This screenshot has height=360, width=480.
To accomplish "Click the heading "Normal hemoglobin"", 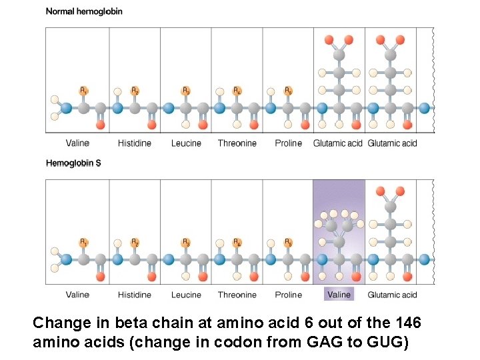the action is [x=84, y=11].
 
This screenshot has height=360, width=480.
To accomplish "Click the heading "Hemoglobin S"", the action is [x=73, y=163].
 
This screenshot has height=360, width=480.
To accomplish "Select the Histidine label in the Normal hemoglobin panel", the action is [x=135, y=143].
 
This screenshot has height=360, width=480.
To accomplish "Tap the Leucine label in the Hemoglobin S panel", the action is [x=186, y=295].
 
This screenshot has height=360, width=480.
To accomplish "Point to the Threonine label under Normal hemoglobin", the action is [x=237, y=143].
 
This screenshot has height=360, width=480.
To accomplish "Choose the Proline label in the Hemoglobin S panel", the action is [x=288, y=295].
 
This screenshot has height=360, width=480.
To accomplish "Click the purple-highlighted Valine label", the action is [x=339, y=295].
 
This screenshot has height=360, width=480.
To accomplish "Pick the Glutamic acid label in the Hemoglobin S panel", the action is [x=392, y=295].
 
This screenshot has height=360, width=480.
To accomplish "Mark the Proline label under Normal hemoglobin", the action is [x=288, y=143].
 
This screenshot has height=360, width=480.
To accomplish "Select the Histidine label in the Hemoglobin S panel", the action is [x=135, y=295].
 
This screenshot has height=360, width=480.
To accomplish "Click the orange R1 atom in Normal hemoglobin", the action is [x=83, y=90].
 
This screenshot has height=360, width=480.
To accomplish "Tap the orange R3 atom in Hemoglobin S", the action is [x=186, y=242].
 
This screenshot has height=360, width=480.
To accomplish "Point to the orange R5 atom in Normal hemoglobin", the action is [x=288, y=90].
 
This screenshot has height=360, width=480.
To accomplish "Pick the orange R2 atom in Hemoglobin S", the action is [x=135, y=242].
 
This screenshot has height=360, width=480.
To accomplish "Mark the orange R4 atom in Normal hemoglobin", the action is [x=237, y=90].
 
